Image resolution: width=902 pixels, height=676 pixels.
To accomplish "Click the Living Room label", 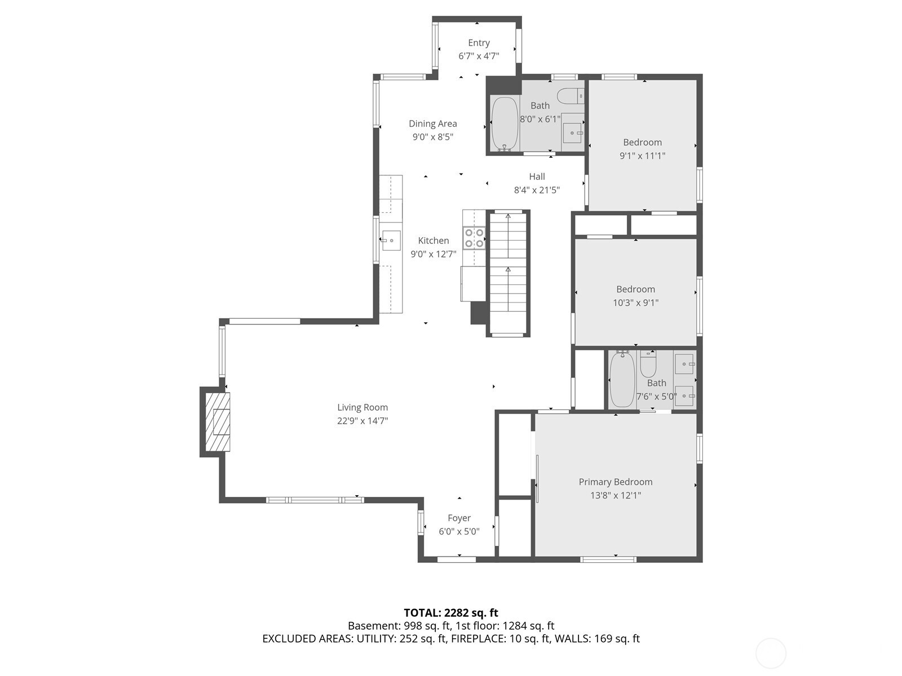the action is tap(362, 407).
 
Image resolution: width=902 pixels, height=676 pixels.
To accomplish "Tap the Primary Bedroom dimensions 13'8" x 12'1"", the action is tap(615, 495).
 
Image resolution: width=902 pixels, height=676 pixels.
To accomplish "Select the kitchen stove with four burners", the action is tap(474, 238).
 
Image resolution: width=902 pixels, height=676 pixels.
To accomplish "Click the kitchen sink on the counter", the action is tap(391, 240).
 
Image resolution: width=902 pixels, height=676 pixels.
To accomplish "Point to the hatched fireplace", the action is tap(218, 422).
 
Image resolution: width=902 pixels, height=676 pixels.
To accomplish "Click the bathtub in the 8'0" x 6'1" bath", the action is tap(505, 124).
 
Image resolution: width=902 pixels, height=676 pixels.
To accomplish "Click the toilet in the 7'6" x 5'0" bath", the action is tap(648, 364).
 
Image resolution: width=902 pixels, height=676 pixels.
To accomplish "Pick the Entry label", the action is tap(479, 43).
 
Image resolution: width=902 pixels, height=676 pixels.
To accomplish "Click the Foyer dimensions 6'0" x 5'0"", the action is tap(459, 532).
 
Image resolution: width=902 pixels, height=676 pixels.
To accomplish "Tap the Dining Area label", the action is tap(433, 123).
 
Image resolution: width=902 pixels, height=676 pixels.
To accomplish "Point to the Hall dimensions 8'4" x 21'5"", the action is tap(537, 190).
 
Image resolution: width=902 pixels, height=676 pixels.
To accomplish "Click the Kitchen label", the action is tap(434, 241).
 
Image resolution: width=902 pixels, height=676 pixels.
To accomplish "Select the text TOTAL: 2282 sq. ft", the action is tap(451, 613).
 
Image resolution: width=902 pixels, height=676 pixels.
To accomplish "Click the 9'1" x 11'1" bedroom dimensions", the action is tap(642, 156).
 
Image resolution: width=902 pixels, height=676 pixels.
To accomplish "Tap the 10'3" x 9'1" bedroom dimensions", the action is tap(635, 303).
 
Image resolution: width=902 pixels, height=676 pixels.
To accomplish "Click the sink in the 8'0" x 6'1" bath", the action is tap(573, 133).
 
